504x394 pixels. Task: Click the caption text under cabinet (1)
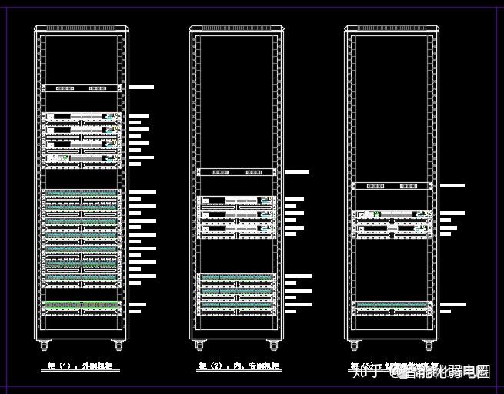point(80,366)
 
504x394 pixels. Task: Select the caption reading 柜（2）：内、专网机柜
point(235,366)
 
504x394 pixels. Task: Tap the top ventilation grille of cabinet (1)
point(81,29)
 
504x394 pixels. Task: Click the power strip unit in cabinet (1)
point(82,88)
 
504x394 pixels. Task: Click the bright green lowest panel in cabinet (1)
point(82,306)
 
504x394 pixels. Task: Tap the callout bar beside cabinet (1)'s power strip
point(142,88)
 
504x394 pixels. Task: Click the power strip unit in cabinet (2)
point(236,172)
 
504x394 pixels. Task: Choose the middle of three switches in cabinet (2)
point(236,214)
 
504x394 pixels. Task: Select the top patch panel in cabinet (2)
point(236,277)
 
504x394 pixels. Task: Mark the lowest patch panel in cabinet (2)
point(236,306)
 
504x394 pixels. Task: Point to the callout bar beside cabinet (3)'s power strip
point(452,185)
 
